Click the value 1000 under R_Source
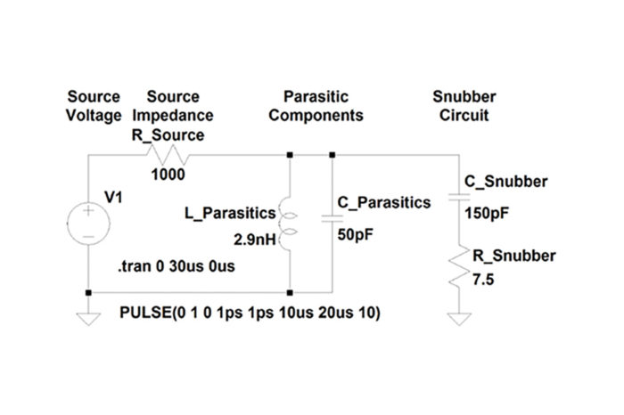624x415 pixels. click(168, 175)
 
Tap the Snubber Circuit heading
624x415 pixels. click(466, 105)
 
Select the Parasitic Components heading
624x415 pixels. click(316, 105)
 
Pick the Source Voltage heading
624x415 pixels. click(94, 105)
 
